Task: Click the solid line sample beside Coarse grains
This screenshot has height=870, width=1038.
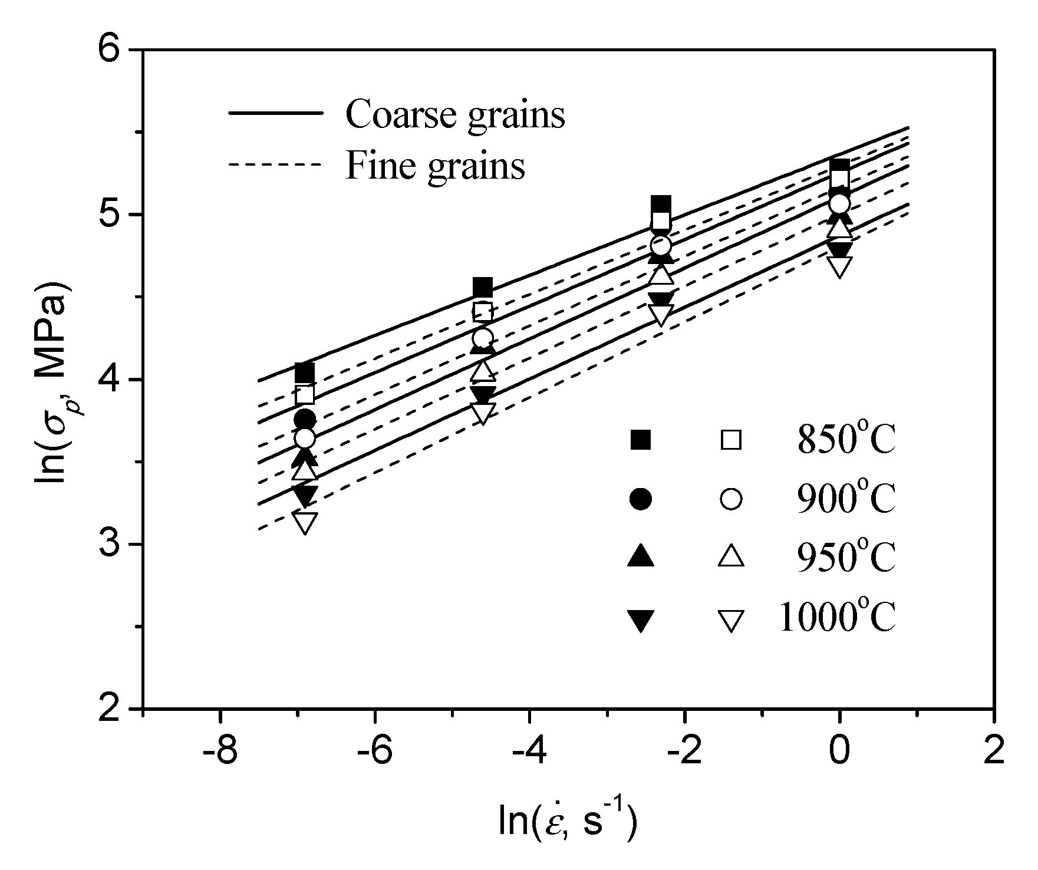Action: click(x=276, y=112)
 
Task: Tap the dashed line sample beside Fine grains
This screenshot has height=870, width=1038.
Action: click(x=276, y=164)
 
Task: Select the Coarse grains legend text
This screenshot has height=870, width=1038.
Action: click(x=455, y=113)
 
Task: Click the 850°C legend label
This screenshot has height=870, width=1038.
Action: click(x=846, y=440)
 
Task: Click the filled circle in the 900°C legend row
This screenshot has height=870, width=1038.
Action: click(x=641, y=499)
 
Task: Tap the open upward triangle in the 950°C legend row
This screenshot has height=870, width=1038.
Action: click(x=731, y=557)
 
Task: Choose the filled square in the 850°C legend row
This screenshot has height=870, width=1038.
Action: click(x=641, y=440)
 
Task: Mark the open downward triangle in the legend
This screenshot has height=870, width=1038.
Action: click(x=731, y=620)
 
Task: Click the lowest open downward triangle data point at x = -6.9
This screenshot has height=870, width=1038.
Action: click(x=305, y=522)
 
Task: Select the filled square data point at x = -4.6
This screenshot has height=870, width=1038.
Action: click(x=483, y=288)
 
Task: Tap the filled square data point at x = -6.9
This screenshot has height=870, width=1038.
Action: click(x=305, y=373)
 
